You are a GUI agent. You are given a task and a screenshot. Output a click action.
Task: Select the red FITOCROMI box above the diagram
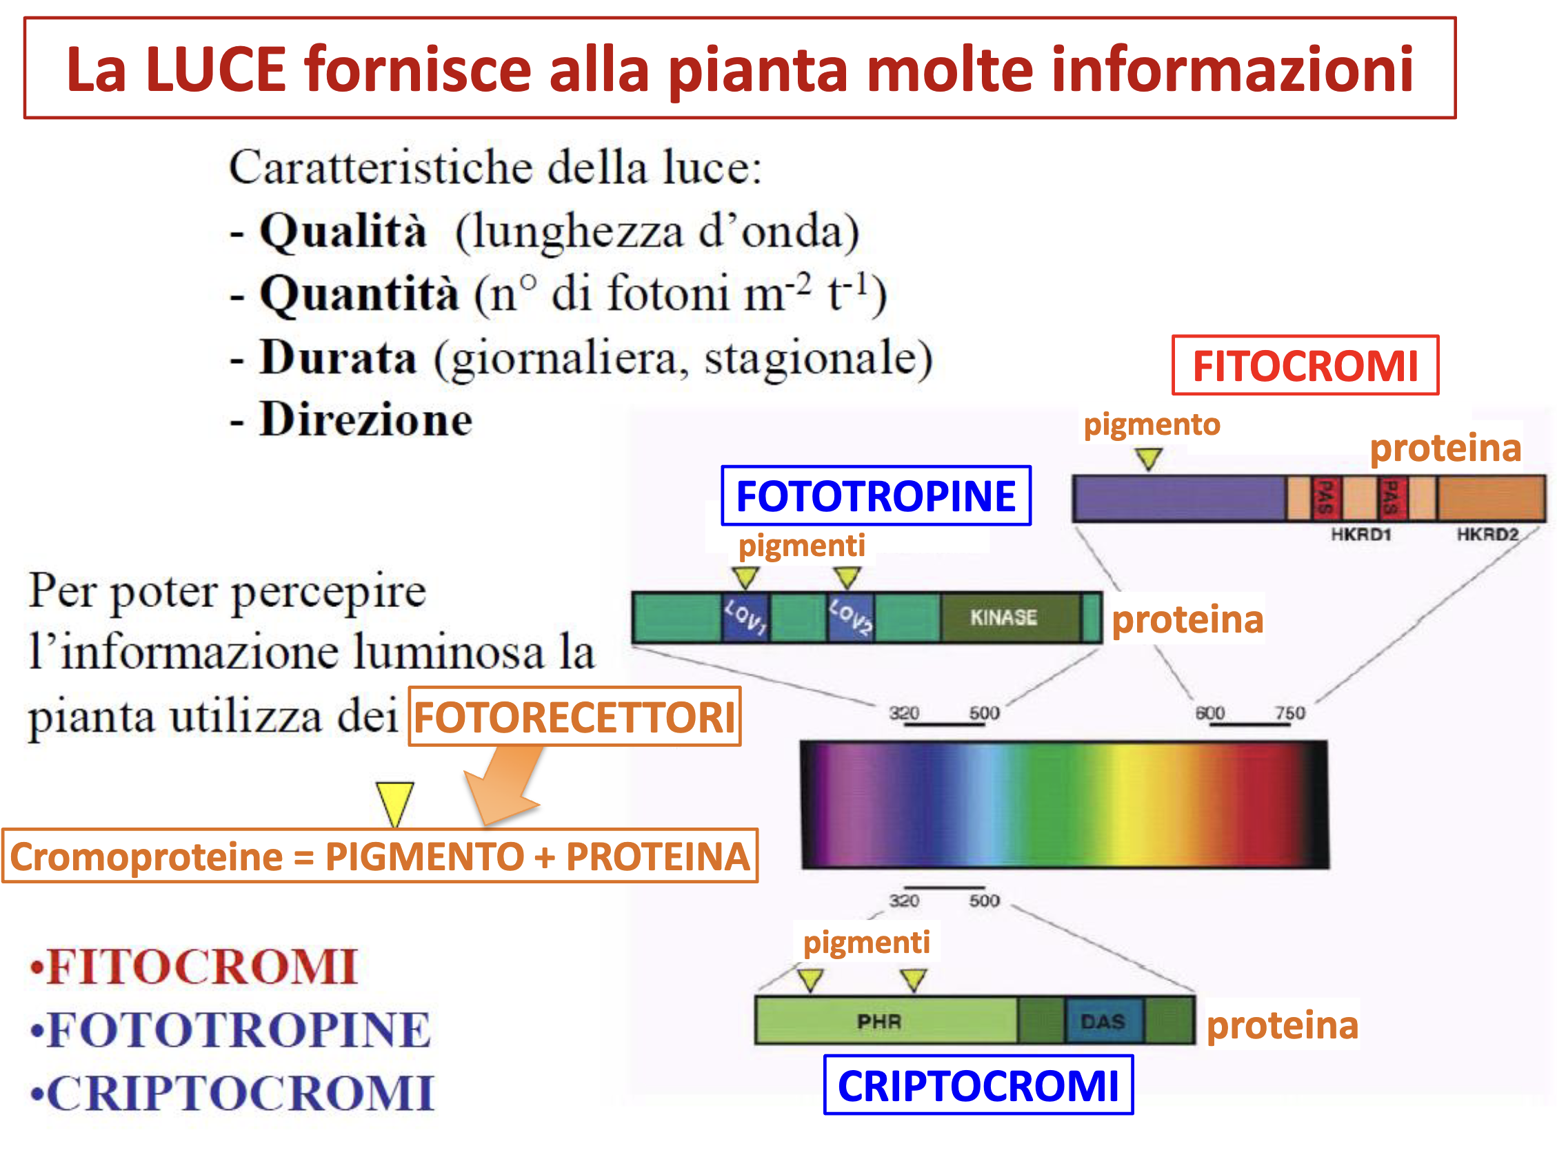click(1305, 365)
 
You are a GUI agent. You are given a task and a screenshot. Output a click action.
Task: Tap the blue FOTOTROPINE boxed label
click(876, 495)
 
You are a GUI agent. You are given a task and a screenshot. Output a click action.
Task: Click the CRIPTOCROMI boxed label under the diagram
click(978, 1085)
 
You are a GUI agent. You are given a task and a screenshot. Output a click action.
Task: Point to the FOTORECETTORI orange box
click(574, 716)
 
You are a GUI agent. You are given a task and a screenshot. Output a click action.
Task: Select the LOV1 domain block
click(745, 617)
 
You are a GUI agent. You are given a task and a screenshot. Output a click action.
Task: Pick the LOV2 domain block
click(850, 617)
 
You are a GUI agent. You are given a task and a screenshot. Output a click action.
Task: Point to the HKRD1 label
click(1361, 535)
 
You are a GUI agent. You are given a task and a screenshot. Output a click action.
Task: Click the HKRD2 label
click(1487, 535)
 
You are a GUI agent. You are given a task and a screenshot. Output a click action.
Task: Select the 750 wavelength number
click(1290, 712)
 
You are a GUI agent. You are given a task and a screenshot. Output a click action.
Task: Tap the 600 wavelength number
click(1210, 712)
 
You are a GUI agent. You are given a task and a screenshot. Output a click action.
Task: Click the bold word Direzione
click(366, 420)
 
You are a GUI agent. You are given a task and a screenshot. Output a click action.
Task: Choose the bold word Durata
click(339, 358)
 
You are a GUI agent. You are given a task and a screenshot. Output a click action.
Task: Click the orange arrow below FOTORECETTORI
click(502, 784)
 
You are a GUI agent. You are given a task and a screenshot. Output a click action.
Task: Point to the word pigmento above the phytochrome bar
click(1152, 424)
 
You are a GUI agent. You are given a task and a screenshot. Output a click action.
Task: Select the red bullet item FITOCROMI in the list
click(194, 967)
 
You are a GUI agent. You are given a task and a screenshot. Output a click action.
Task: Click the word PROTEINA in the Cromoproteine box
click(657, 856)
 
